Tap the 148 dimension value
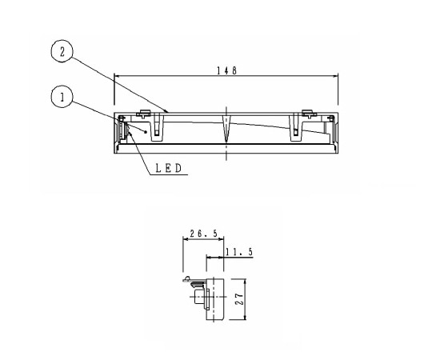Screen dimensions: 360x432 pos(226,70)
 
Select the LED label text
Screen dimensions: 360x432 pos(170,168)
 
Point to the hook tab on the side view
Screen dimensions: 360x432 pos(188,280)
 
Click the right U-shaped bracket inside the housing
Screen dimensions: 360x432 pos(295,126)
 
